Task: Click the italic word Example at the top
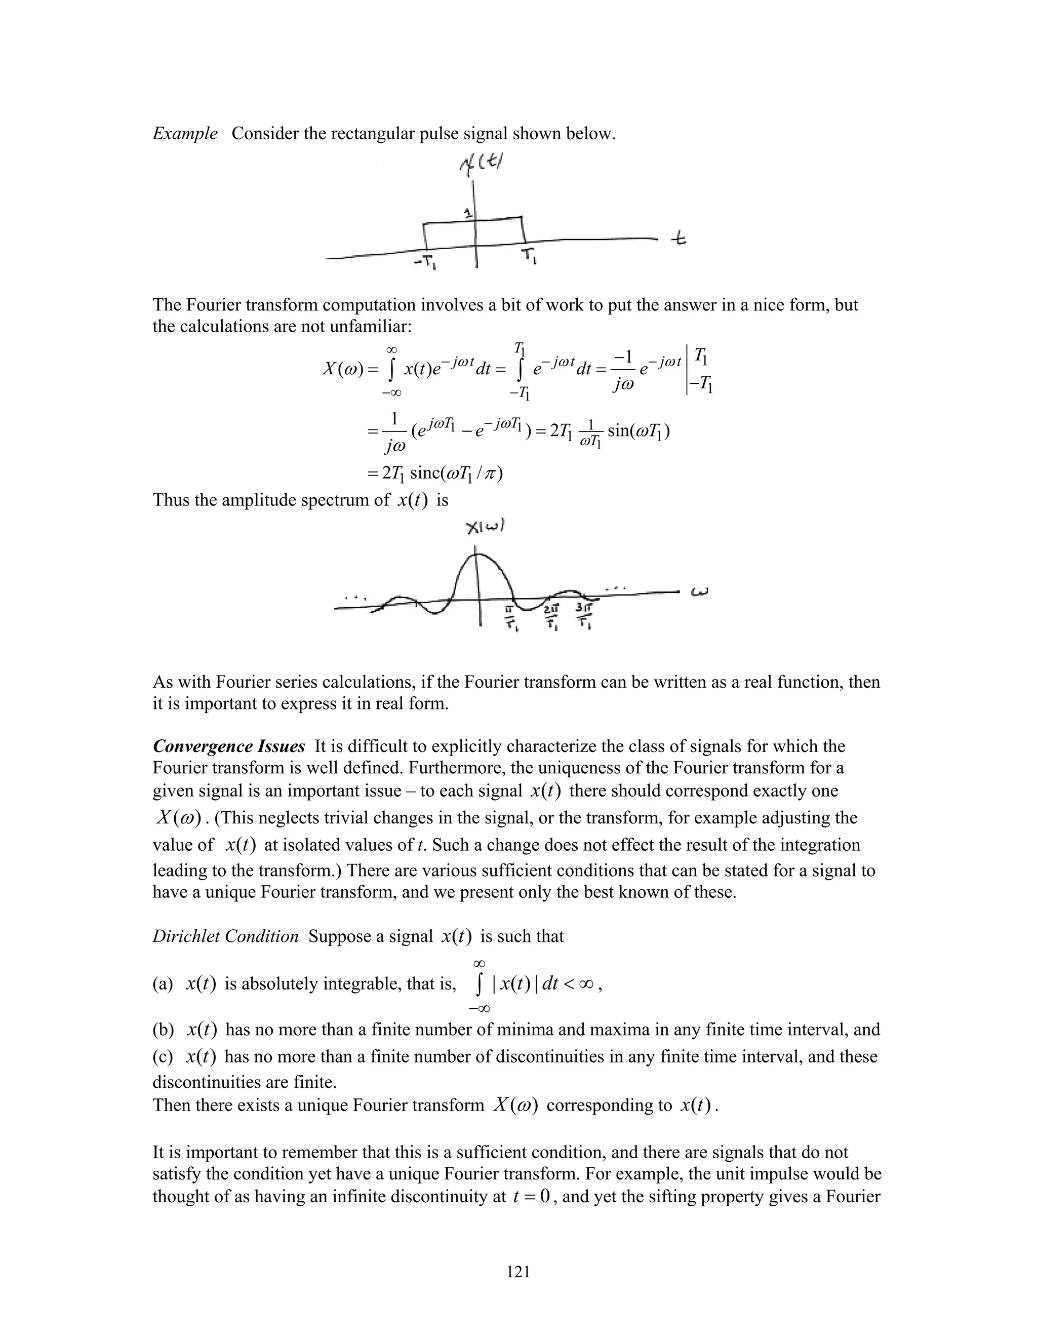click(185, 133)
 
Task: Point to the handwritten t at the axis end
click(678, 239)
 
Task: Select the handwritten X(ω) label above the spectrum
click(485, 527)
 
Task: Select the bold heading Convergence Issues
click(228, 746)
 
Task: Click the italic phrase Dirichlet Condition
click(225, 936)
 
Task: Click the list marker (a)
click(163, 984)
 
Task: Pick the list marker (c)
click(163, 1056)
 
